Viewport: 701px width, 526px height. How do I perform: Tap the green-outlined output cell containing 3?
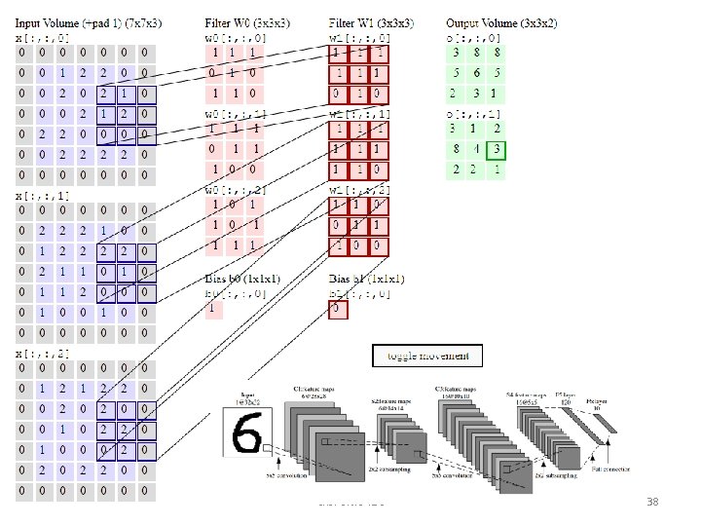pyautogui.click(x=497, y=149)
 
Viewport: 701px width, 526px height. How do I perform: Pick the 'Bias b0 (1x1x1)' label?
pyautogui.click(x=242, y=279)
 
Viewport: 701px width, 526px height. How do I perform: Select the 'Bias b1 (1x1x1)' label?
pyautogui.click(x=366, y=279)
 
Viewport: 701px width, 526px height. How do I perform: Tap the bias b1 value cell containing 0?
pyautogui.click(x=337, y=309)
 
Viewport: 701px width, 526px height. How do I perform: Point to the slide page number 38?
pyautogui.click(x=653, y=502)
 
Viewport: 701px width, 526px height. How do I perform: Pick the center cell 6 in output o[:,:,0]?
pyautogui.click(x=475, y=73)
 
